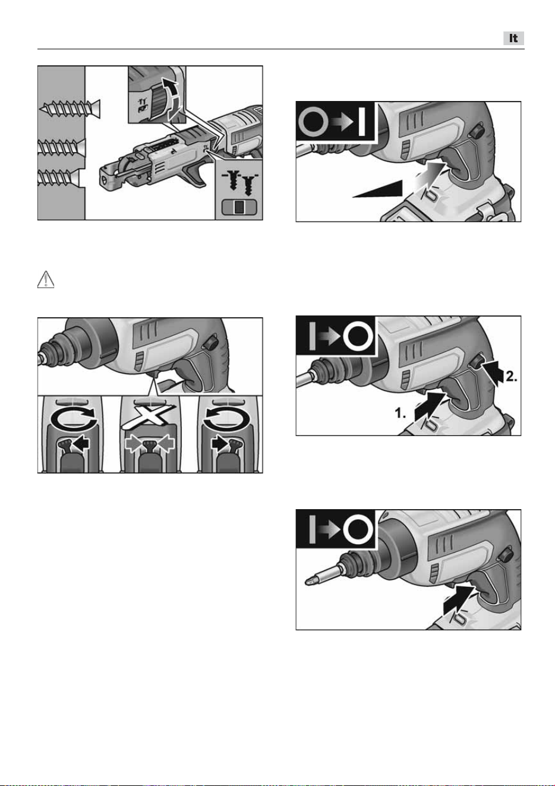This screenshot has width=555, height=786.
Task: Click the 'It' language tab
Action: (513, 38)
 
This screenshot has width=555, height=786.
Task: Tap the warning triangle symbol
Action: (46, 280)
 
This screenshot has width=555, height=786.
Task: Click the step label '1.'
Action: (400, 413)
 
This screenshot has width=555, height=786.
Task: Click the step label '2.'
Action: (511, 377)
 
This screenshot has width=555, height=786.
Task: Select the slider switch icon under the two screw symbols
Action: (239, 207)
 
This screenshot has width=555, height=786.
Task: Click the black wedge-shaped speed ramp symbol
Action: (378, 190)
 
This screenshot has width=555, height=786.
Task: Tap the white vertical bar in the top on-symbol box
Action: (362, 122)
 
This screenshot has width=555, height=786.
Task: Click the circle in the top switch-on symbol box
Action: (313, 122)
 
